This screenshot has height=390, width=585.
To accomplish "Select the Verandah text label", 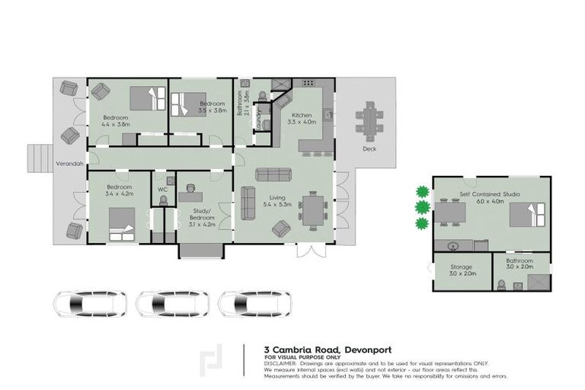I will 69,163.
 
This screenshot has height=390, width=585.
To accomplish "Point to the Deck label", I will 369,149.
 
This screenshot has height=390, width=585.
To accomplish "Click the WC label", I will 162,189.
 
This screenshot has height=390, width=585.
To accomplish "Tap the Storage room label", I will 461,267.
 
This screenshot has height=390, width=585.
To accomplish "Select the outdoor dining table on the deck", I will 370,121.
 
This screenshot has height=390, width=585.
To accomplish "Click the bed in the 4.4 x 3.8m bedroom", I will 146,98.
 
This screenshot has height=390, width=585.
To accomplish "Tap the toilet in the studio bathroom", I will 501,284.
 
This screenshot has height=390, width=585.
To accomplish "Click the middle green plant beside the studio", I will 422,207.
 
